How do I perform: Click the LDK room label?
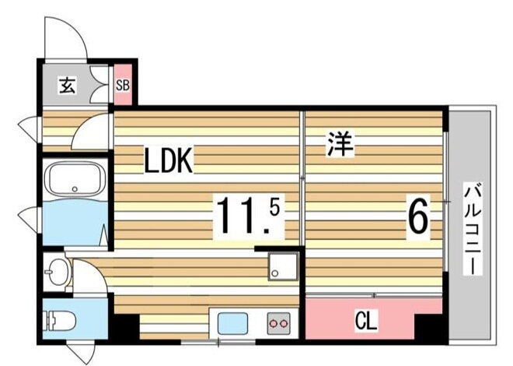(x=169, y=160)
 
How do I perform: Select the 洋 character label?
(x=340, y=144)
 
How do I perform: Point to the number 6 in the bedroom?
(x=418, y=215)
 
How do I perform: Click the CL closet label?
(x=367, y=321)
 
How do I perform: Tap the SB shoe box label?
(x=123, y=86)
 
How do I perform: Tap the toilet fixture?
(x=60, y=320)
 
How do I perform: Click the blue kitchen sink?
(x=232, y=323)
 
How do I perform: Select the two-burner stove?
(x=278, y=323)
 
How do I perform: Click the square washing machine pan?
(x=283, y=266)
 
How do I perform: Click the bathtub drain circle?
(x=75, y=189)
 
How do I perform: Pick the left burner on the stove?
(x=273, y=324)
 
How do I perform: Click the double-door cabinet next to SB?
(x=99, y=86)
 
